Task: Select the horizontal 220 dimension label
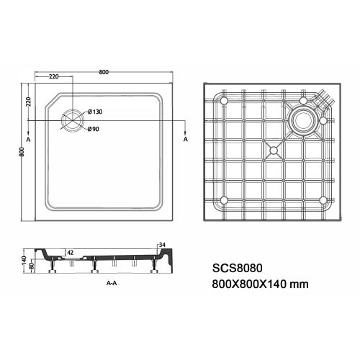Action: tap(54, 77)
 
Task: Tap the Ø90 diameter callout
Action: tap(94, 130)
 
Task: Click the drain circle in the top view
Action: tap(72, 120)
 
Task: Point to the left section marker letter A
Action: tap(28, 137)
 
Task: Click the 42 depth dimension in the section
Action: tap(70, 252)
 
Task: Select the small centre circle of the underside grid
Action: tap(273, 150)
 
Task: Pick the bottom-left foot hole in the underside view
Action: tap(223, 199)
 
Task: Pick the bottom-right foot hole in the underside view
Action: tap(323, 199)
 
